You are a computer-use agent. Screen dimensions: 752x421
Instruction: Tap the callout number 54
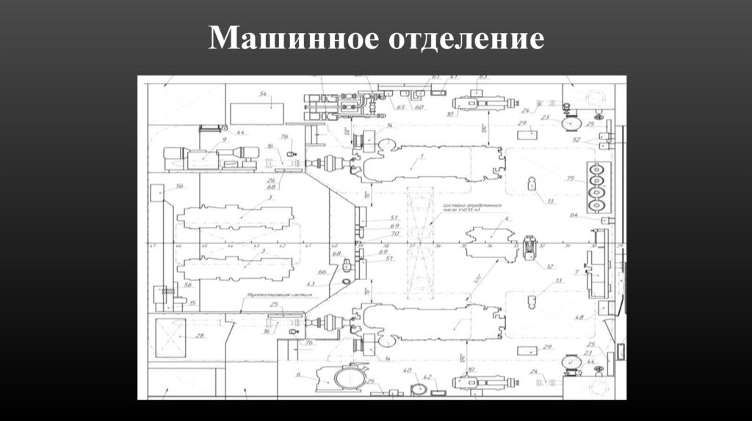coord(262,94)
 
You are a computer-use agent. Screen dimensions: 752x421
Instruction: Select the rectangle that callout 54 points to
coord(256,113)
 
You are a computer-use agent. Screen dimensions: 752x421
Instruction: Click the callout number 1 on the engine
coord(422,157)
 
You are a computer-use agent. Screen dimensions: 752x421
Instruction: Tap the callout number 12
coord(549,266)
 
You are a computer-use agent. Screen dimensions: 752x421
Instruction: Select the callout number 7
coord(576,272)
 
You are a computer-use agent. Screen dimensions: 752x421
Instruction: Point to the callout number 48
coord(580,318)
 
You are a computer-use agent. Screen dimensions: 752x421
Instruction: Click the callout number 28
coord(199,336)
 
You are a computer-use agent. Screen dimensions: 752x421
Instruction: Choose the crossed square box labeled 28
coord(171,337)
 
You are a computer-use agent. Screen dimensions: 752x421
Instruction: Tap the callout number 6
coord(298,375)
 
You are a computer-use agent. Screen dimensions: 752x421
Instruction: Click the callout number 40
coord(406,371)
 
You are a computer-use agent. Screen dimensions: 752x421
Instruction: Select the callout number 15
coord(192,302)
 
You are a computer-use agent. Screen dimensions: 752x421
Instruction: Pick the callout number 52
coord(576,139)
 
